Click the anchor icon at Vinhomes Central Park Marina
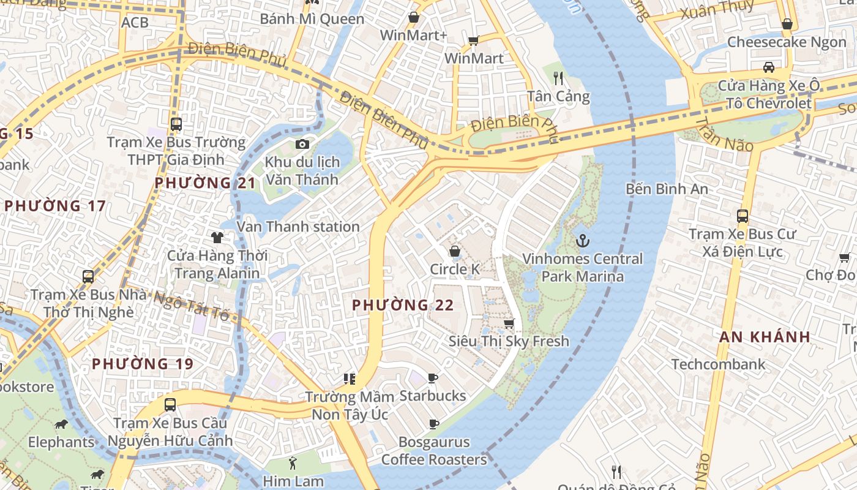(582, 240)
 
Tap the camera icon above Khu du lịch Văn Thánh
(302, 145)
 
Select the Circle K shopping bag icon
(455, 251)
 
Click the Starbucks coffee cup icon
(433, 378)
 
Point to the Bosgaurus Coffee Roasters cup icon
(434, 424)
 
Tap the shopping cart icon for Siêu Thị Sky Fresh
(509, 323)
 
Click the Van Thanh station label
(298, 227)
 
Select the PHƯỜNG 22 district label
(403, 305)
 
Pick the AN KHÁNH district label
(765, 337)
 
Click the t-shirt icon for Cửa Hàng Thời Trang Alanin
(217, 237)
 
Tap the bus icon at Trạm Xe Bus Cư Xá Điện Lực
(743, 216)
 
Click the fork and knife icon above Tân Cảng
(558, 78)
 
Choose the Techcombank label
(718, 364)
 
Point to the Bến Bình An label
(667, 189)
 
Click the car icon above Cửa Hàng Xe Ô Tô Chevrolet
(769, 67)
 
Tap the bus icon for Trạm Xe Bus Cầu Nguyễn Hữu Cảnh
(170, 405)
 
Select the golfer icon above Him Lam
(293, 462)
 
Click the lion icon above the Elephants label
(61, 424)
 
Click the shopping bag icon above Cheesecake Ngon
(787, 24)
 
